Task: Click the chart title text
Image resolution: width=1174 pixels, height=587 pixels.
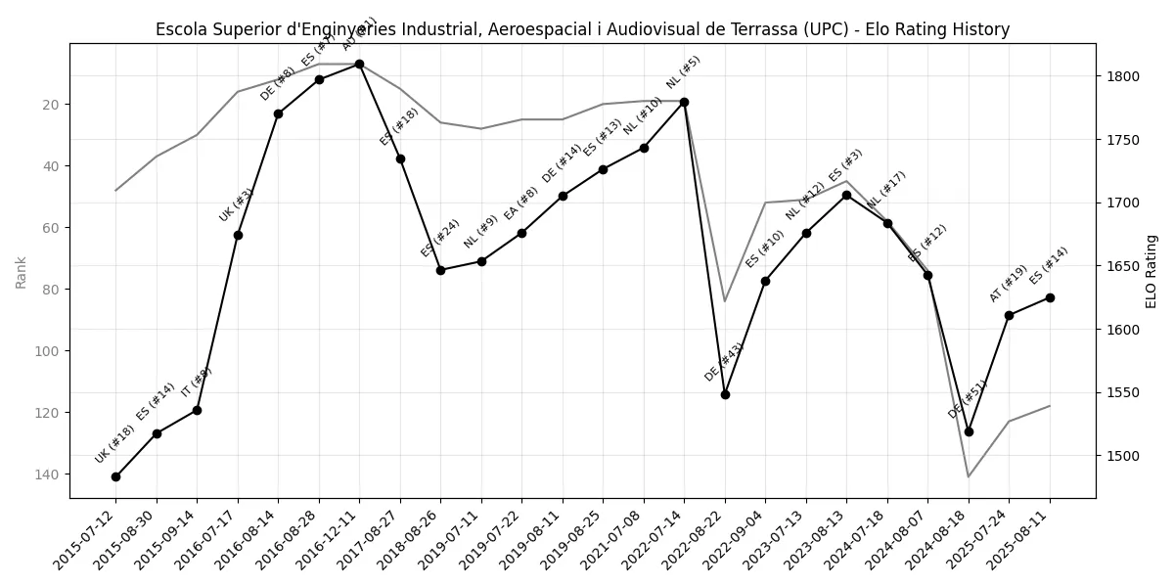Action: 582,29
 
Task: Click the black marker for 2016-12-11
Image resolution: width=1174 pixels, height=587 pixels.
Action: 359,64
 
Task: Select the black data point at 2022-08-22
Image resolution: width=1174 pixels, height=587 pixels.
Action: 725,394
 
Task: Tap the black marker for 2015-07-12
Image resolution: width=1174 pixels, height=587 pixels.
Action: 115,476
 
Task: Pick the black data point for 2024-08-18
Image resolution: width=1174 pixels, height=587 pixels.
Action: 969,431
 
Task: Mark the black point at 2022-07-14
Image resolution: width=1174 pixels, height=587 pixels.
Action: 684,102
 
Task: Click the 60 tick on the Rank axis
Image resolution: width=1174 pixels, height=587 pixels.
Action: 51,228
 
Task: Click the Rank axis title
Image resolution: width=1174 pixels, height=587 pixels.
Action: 21,272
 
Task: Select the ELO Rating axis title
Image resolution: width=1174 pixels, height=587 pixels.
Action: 1151,272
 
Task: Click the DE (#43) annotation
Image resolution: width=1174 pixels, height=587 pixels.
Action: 724,362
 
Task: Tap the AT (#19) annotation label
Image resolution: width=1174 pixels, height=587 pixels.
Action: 1008,284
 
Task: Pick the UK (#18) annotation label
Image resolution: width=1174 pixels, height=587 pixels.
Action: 114,445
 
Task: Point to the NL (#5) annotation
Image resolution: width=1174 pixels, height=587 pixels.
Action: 683,72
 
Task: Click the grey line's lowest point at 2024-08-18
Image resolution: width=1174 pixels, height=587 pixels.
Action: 969,476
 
